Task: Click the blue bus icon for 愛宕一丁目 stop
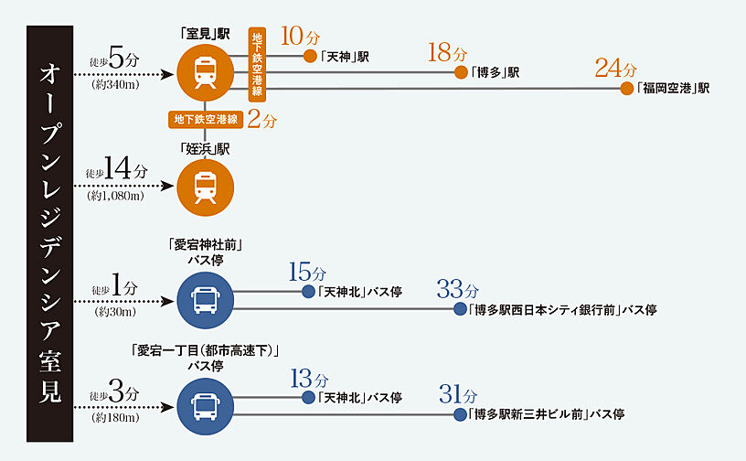(205, 405)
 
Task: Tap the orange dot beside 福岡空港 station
(627, 89)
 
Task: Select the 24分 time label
(614, 68)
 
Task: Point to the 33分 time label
(457, 290)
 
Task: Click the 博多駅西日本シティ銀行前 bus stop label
(561, 310)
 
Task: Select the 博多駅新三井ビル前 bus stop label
(546, 414)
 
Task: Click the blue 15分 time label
(306, 273)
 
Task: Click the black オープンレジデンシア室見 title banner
(50, 230)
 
